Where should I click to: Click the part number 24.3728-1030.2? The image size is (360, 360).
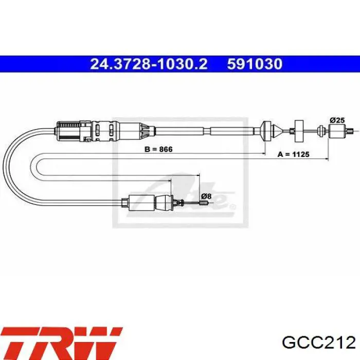point(149,64)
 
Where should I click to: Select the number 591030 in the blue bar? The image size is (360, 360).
point(255,64)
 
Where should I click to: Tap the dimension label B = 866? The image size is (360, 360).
point(158,149)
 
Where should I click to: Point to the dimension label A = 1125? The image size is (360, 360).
point(294,154)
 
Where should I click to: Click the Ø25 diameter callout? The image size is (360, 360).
point(337,120)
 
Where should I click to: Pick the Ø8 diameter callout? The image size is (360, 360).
point(206,196)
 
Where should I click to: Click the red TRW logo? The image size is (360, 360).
point(62,341)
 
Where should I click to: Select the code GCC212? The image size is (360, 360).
point(319,343)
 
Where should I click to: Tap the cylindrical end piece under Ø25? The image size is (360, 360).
point(337,131)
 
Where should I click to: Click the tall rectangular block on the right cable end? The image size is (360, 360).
point(299,131)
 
